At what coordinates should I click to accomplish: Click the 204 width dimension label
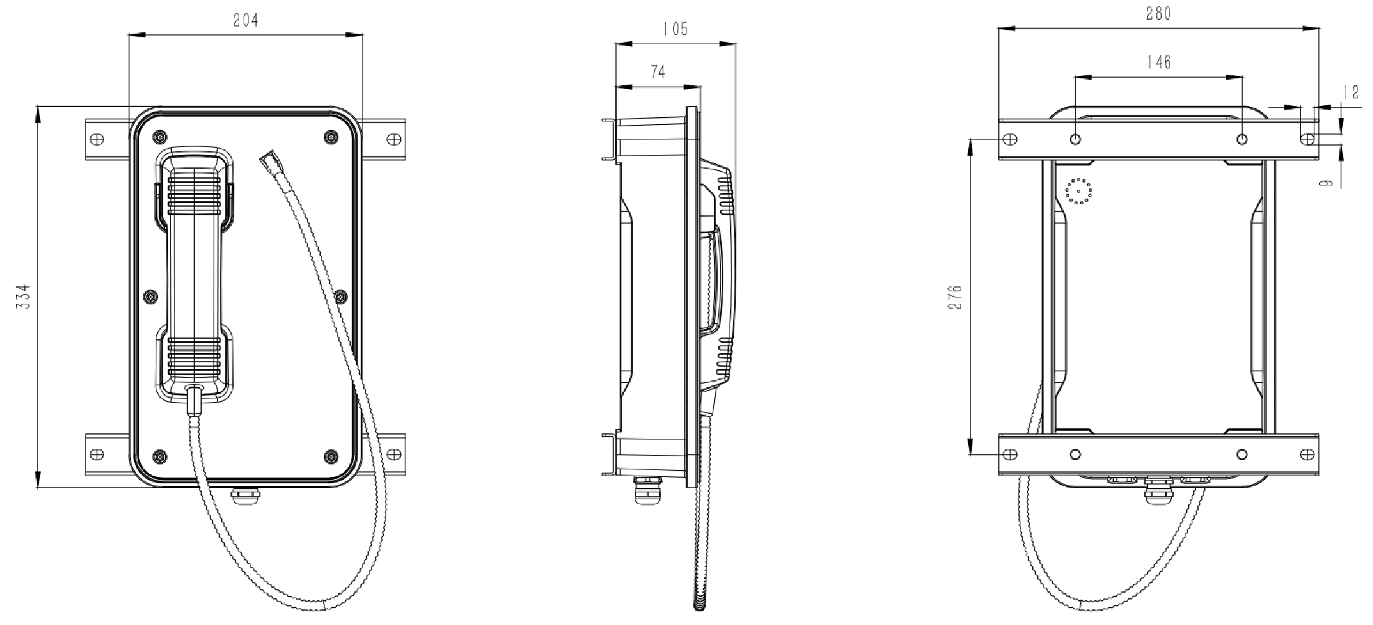click(x=245, y=21)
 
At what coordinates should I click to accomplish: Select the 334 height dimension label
click(x=22, y=299)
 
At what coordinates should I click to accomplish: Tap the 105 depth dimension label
click(x=675, y=29)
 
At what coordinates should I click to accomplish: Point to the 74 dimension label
click(x=658, y=72)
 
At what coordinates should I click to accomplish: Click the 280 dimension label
click(x=1159, y=13)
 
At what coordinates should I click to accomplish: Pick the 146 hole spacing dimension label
click(x=1159, y=62)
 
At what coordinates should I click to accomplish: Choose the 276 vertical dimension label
click(x=957, y=297)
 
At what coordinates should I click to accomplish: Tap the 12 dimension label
click(x=1351, y=93)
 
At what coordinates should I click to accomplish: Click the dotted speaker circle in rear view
click(x=1078, y=191)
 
